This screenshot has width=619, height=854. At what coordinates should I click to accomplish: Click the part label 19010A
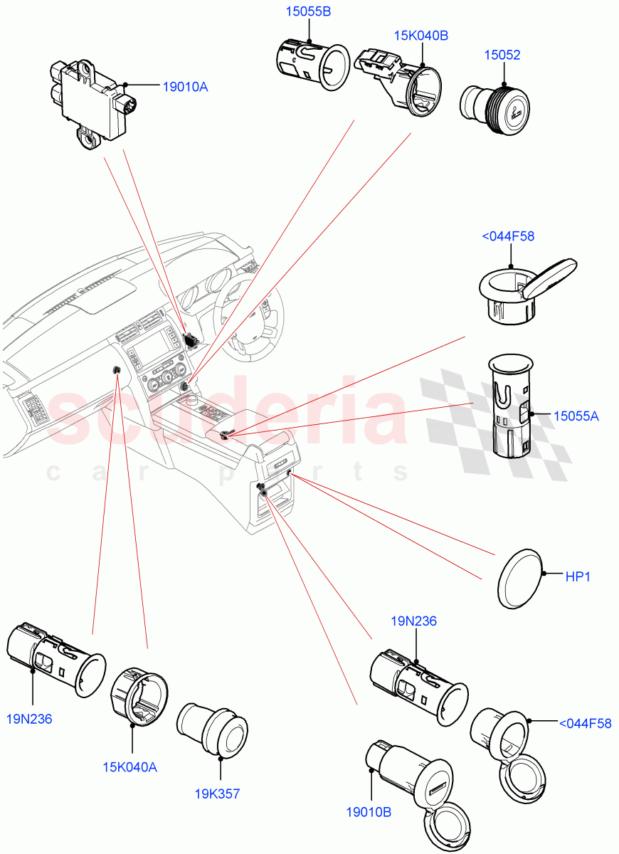click(x=185, y=87)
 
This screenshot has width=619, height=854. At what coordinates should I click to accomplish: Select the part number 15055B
click(x=309, y=11)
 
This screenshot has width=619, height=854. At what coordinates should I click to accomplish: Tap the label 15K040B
click(x=422, y=36)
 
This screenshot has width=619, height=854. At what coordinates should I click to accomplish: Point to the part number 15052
click(x=502, y=55)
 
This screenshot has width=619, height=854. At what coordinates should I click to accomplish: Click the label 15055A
click(x=576, y=416)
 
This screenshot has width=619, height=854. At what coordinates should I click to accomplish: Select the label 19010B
click(x=370, y=811)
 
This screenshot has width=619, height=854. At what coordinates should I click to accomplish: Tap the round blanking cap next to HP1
click(x=519, y=578)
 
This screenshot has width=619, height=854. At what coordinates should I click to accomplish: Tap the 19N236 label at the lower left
click(x=29, y=719)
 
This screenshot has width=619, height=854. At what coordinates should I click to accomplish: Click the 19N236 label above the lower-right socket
click(x=413, y=621)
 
